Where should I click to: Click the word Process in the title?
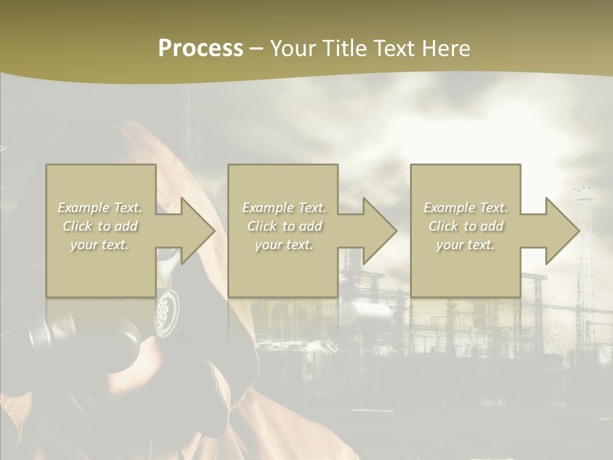pyautogui.click(x=201, y=49)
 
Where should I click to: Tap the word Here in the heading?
pyautogui.click(x=445, y=49)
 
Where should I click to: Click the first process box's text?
pyautogui.click(x=100, y=226)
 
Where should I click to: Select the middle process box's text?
pyautogui.click(x=284, y=226)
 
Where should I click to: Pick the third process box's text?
pyautogui.click(x=465, y=226)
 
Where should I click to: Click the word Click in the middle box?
pyautogui.click(x=262, y=226)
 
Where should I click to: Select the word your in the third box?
pyautogui.click(x=450, y=245)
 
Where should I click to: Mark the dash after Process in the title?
pyautogui.click(x=256, y=49)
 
